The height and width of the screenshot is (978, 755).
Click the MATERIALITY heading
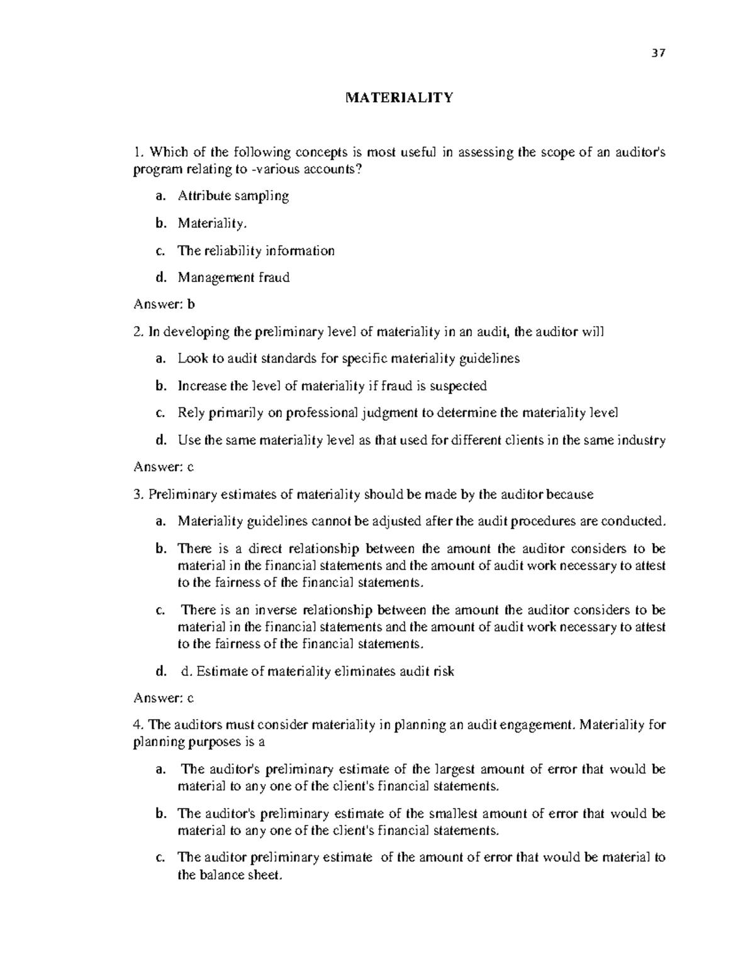(399, 98)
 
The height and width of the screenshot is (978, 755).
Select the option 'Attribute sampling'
(233, 196)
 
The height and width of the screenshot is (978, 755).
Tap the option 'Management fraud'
(233, 278)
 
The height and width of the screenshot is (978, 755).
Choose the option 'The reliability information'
(255, 251)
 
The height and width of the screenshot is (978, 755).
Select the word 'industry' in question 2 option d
(642, 440)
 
